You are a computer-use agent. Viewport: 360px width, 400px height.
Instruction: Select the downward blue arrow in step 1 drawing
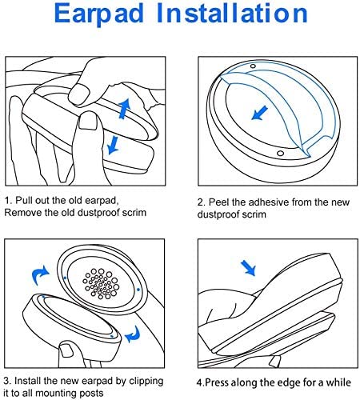tap(114, 143)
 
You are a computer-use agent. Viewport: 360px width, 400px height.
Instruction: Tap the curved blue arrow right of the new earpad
tap(135, 332)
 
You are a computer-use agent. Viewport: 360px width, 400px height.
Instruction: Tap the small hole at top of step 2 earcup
tap(253, 66)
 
